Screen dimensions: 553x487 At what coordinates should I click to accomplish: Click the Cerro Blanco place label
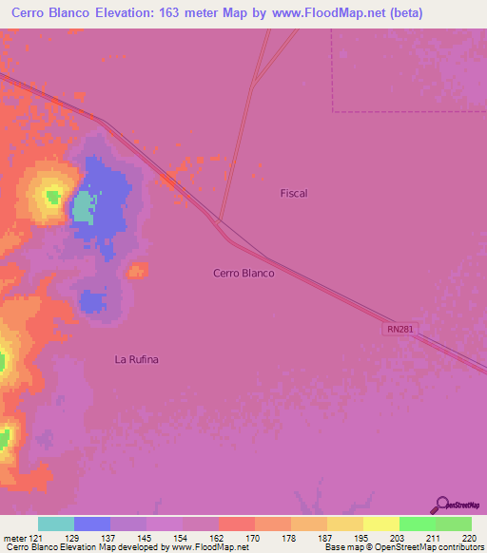243,273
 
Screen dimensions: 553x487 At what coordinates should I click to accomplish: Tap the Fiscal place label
294,193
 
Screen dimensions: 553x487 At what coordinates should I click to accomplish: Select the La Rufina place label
135,359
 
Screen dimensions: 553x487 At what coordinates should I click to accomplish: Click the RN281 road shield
401,329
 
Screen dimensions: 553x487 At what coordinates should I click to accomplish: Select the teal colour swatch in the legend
56,524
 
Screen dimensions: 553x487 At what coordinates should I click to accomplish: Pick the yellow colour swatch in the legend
380,524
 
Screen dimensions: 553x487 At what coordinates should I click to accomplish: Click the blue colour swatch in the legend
92,524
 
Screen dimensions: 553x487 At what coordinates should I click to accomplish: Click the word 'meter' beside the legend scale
15,538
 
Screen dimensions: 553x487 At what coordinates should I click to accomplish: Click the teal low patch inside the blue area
84,206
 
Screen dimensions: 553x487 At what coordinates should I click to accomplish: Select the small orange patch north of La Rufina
138,271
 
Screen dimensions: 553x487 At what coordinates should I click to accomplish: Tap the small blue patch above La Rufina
92,303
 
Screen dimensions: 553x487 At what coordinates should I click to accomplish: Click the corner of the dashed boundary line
333,111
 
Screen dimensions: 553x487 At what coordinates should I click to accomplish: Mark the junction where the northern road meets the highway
220,221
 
